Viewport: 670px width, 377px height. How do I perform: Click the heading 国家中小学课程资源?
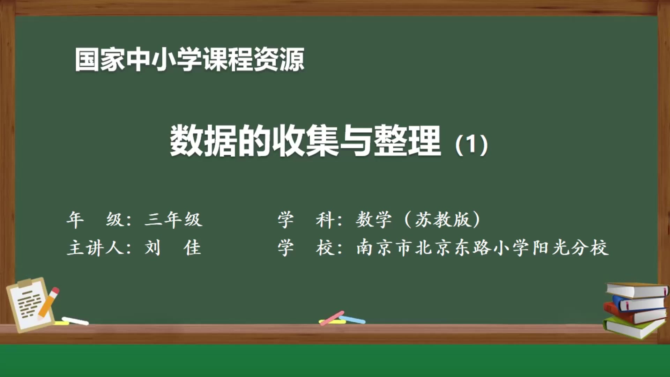coord(189,60)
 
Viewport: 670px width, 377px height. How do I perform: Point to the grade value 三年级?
coord(173,220)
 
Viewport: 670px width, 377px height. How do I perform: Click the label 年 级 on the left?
coord(95,220)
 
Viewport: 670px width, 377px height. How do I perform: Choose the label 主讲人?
coord(95,248)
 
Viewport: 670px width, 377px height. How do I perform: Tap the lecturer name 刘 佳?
coord(173,248)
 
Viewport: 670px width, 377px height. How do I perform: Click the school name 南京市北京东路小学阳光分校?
coord(482,248)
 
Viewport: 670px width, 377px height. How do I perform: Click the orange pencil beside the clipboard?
coord(49,302)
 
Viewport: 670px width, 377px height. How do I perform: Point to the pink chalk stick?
coord(332,318)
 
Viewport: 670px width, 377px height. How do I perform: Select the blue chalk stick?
coord(353,319)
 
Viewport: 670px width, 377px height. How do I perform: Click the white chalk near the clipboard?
coord(75,321)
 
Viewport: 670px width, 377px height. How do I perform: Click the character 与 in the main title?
coord(356,141)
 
